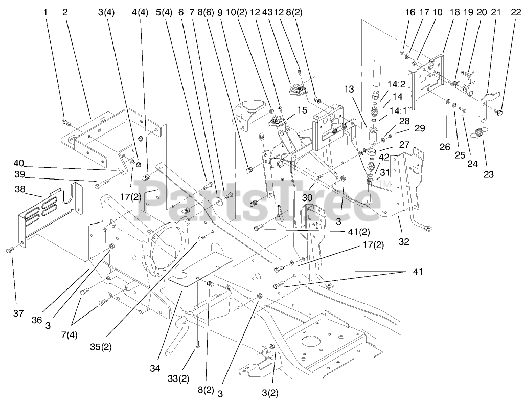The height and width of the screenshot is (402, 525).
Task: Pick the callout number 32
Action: tap(404, 242)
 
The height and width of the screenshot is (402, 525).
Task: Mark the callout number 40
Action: tap(19, 163)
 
